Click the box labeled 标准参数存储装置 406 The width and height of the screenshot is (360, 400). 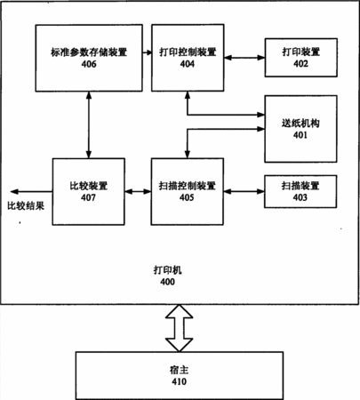89,58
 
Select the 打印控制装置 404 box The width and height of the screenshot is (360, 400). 188,58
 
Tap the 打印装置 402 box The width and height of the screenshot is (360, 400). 300,58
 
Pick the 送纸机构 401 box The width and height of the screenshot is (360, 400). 300,129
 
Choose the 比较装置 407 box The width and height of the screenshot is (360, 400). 89,192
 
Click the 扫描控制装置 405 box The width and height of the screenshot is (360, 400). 188,192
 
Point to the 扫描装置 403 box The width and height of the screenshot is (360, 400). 300,191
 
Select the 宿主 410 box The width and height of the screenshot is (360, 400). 180,376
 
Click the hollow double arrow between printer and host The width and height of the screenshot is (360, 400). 180,328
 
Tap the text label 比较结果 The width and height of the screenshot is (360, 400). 26,205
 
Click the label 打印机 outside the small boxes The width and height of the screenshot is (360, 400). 168,270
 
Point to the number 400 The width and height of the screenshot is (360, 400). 168,282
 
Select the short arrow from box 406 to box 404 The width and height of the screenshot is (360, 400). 147,52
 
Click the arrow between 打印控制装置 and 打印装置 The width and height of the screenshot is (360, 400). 244,58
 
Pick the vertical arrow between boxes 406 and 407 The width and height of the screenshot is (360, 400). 89,124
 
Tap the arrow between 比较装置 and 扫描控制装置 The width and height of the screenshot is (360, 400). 138,192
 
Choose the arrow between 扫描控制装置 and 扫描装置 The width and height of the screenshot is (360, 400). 244,192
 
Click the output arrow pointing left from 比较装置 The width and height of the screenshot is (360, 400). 31,192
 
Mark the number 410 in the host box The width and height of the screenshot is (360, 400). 180,381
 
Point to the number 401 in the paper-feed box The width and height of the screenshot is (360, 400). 300,135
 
